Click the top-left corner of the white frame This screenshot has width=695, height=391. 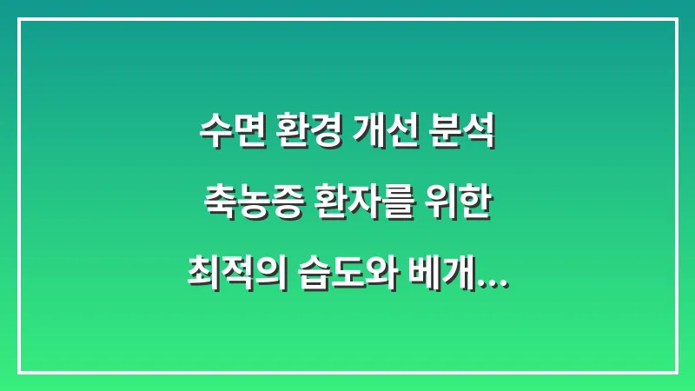[18, 18]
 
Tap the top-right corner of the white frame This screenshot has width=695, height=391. [676, 18]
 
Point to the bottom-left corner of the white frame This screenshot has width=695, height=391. [18, 372]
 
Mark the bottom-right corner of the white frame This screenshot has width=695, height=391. [676, 372]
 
